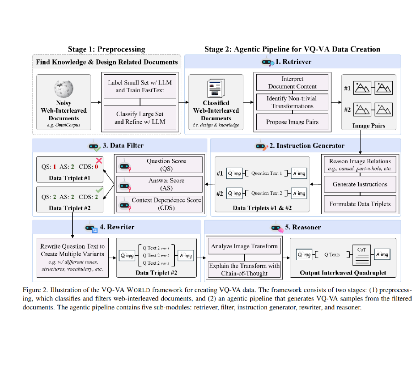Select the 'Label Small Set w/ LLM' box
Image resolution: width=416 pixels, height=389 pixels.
pyautogui.click(x=140, y=86)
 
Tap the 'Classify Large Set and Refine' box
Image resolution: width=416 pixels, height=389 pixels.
pyautogui.click(x=140, y=118)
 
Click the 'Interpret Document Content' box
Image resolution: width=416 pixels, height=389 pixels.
pyautogui.click(x=293, y=83)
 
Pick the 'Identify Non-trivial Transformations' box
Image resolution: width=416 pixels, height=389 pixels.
pyautogui.click(x=293, y=102)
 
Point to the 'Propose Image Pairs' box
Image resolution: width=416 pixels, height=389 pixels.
pyautogui.click(x=293, y=122)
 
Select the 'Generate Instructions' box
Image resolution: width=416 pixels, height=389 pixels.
pyautogui.click(x=360, y=184)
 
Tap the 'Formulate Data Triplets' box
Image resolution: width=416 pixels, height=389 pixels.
pyautogui.click(x=360, y=204)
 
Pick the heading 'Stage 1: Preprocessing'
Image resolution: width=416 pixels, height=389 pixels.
pyautogui.click(x=106, y=49)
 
